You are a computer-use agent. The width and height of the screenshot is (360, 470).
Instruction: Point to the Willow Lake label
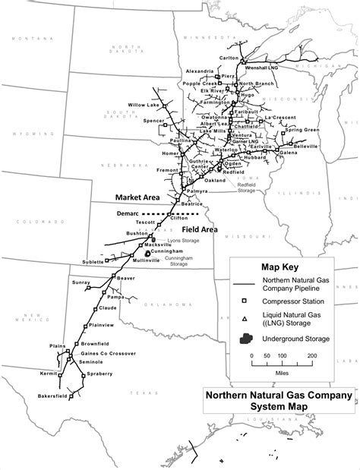(x=143, y=104)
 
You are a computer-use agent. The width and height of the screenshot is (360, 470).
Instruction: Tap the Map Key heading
(x=280, y=267)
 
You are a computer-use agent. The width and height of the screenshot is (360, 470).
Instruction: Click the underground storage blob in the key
(x=243, y=339)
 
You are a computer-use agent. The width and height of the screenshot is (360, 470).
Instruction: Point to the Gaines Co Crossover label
(x=107, y=353)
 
